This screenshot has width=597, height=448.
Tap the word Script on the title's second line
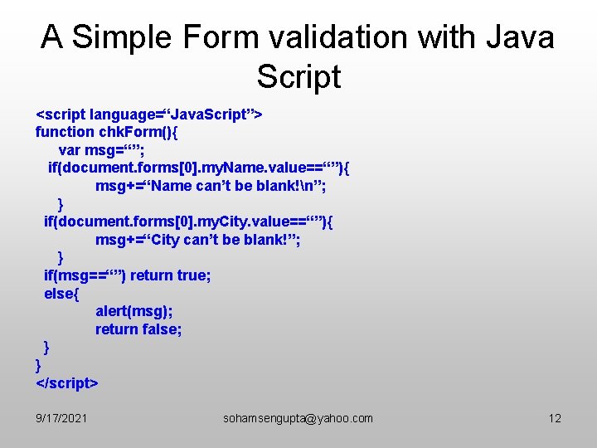298,76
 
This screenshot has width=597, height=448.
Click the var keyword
70,149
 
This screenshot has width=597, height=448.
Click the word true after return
193,275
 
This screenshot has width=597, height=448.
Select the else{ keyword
61,294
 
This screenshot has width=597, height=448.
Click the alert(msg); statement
134,312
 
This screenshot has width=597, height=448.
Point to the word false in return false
162,329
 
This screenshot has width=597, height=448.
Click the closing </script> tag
66,382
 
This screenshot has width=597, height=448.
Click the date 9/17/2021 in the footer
62,418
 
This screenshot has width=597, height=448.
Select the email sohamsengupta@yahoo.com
298,418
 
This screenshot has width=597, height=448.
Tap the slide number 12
555,418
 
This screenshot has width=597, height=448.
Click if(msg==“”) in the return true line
85,275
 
